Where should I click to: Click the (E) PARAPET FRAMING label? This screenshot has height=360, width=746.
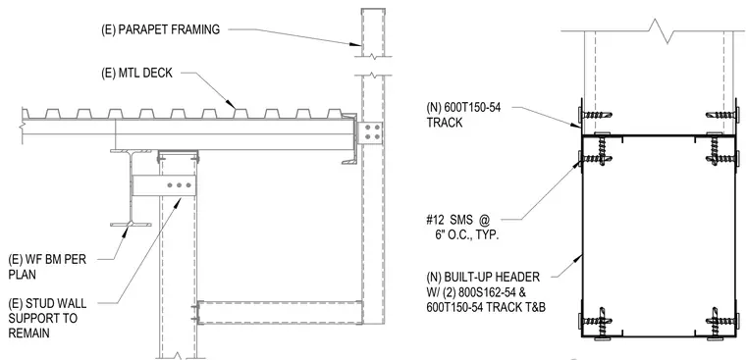point(160,29)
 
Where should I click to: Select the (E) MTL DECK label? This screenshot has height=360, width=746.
point(137,74)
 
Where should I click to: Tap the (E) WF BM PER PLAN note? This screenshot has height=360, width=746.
point(47,267)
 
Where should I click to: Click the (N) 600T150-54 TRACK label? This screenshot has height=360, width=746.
point(463,115)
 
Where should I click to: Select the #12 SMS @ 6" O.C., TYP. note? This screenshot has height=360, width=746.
point(462,227)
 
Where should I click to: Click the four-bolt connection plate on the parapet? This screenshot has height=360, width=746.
point(369,132)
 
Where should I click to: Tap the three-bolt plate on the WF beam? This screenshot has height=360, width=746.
point(164,185)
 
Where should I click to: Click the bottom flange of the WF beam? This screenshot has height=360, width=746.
point(131,224)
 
